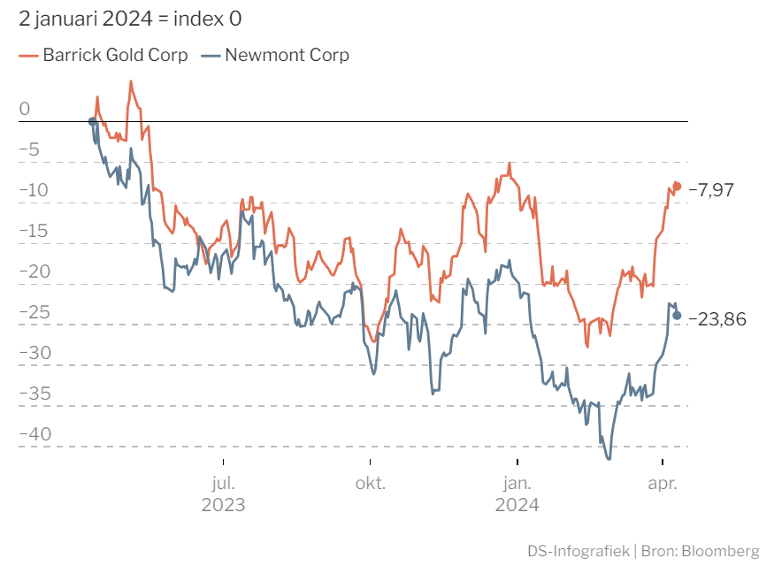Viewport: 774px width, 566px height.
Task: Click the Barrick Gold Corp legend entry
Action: click(x=103, y=55)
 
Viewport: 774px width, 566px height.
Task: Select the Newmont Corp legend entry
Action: click(x=275, y=55)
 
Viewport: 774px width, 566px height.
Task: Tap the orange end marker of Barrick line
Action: click(x=677, y=187)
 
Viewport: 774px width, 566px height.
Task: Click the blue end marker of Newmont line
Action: click(x=677, y=316)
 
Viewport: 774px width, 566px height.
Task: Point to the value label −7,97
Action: click(x=711, y=190)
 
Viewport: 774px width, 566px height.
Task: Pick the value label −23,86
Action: click(x=717, y=319)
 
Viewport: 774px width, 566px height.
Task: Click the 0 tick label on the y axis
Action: click(x=25, y=109)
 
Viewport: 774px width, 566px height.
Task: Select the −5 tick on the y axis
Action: click(x=29, y=149)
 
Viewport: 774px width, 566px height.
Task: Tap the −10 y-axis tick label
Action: click(x=34, y=190)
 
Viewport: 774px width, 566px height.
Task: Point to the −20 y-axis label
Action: click(x=34, y=272)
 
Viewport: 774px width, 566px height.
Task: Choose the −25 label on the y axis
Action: click(x=34, y=312)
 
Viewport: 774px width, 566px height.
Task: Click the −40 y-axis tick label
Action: click(x=34, y=433)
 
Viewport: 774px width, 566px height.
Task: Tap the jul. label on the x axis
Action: click(x=223, y=483)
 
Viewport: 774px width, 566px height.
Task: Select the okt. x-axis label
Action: click(x=371, y=483)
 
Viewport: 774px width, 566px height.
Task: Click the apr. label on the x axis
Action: click(x=663, y=484)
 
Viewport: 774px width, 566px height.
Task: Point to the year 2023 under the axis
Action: click(x=223, y=505)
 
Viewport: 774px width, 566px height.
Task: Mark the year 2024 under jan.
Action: click(x=517, y=505)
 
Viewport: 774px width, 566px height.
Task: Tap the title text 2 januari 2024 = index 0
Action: click(x=130, y=19)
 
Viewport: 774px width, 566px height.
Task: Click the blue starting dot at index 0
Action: click(x=92, y=121)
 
